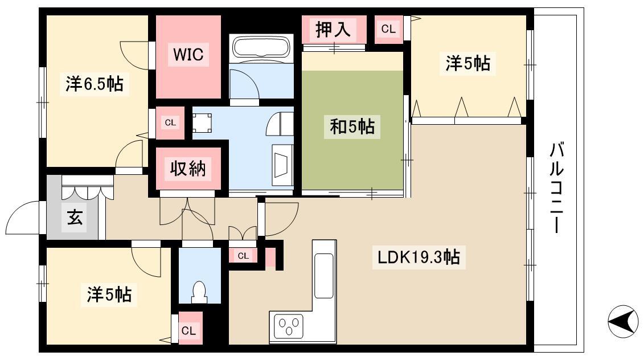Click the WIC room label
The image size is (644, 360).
188,54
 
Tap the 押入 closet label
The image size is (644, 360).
333,29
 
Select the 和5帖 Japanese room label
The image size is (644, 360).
352,126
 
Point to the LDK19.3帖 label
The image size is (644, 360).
419,257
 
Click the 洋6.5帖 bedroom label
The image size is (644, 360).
95,84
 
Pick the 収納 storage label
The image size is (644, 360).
188,168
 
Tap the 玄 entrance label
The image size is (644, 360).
75,217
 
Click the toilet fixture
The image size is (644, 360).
199,292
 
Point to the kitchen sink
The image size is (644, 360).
323,275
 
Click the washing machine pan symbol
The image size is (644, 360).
202,123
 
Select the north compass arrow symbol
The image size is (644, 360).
623,321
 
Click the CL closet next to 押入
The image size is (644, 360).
388,29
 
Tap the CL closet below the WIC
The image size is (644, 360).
170,122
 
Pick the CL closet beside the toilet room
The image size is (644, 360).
243,256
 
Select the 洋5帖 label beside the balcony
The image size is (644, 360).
468,63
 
